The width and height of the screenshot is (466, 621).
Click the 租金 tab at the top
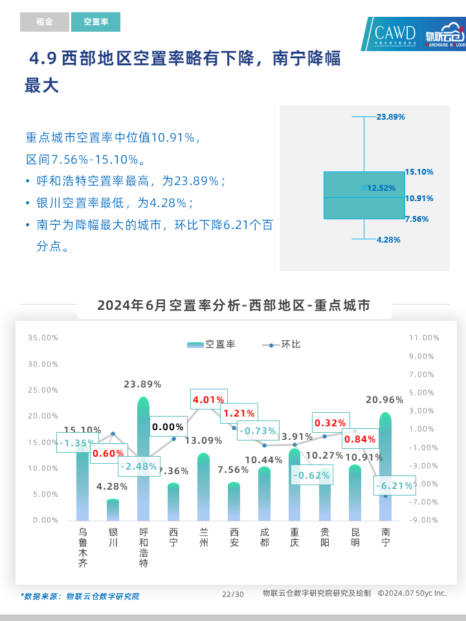pyautogui.click(x=44, y=22)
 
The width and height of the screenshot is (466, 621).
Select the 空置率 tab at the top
pyautogui.click(x=96, y=22)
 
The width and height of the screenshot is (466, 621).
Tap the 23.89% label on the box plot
pyautogui.click(x=390, y=117)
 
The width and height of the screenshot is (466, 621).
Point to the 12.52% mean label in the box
pyautogui.click(x=381, y=188)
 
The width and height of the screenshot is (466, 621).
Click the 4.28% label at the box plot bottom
pyautogui.click(x=388, y=239)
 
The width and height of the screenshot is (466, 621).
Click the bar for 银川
pyautogui.click(x=113, y=510)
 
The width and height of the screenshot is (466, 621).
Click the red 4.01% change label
pyautogui.click(x=208, y=400)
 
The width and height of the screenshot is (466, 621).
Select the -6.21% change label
pyautogui.click(x=394, y=486)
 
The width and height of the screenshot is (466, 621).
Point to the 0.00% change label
pyautogui.click(x=168, y=427)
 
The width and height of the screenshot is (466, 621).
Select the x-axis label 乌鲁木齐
pyautogui.click(x=83, y=547)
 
